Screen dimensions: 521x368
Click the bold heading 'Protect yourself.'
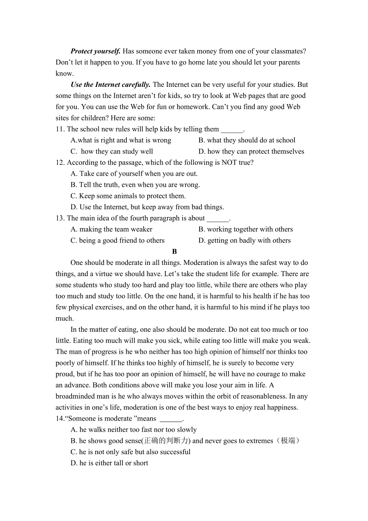click(96, 51)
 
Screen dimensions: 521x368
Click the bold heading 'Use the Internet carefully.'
click(111, 84)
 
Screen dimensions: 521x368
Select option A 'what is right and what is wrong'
click(121, 140)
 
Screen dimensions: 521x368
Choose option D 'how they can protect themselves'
click(251, 151)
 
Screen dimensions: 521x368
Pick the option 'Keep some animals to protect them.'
click(128, 196)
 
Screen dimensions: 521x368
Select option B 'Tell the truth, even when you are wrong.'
click(135, 185)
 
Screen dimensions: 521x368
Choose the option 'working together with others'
click(246, 229)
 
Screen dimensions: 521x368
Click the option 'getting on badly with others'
click(244, 240)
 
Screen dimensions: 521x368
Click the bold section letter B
click(174, 252)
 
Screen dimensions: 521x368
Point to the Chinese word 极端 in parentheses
click(288, 441)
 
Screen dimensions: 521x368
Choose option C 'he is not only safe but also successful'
click(130, 452)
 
